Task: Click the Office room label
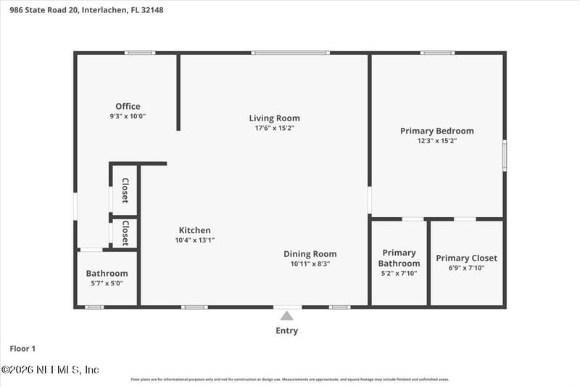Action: [x=128, y=107]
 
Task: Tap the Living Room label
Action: [x=274, y=118]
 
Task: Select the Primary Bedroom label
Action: [x=437, y=131]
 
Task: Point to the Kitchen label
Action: [x=194, y=230]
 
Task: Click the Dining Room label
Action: [x=310, y=254]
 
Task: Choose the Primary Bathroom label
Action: [x=399, y=258]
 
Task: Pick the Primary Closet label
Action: [x=466, y=258]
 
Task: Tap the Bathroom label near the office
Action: [x=107, y=274]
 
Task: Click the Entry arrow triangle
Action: [x=287, y=316]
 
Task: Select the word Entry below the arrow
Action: [x=286, y=331]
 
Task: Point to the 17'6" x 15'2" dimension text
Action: [x=274, y=128]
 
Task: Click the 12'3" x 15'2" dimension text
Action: [x=437, y=141]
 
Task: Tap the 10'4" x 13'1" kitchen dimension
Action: [x=194, y=240]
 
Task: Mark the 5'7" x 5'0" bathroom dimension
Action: [x=107, y=283]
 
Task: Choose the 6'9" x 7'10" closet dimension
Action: [x=466, y=268]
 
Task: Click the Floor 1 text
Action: [x=22, y=349]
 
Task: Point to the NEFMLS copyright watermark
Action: [x=50, y=370]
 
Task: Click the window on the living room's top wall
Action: [x=290, y=53]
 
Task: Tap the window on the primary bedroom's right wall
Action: [x=505, y=156]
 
